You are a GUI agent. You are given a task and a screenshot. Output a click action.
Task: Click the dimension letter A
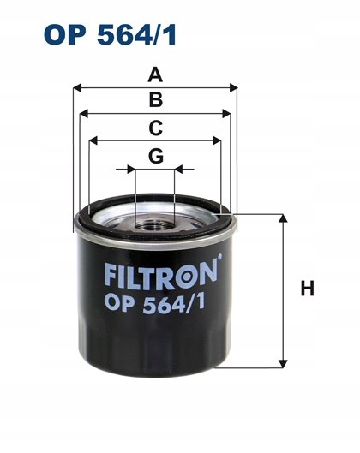click(155, 75)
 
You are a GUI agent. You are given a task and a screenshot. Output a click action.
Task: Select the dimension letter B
click(155, 100)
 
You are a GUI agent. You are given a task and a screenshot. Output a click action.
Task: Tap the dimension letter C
click(155, 128)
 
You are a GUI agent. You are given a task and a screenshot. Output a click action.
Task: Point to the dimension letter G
click(155, 156)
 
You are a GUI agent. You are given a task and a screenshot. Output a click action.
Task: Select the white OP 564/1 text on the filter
click(156, 302)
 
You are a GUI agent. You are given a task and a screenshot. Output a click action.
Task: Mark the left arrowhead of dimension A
click(77, 87)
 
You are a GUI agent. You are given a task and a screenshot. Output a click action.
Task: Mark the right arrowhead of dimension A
click(231, 87)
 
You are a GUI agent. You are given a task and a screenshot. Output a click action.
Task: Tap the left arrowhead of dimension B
click(82, 113)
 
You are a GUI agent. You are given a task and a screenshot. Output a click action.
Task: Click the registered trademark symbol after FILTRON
click(219, 258)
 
